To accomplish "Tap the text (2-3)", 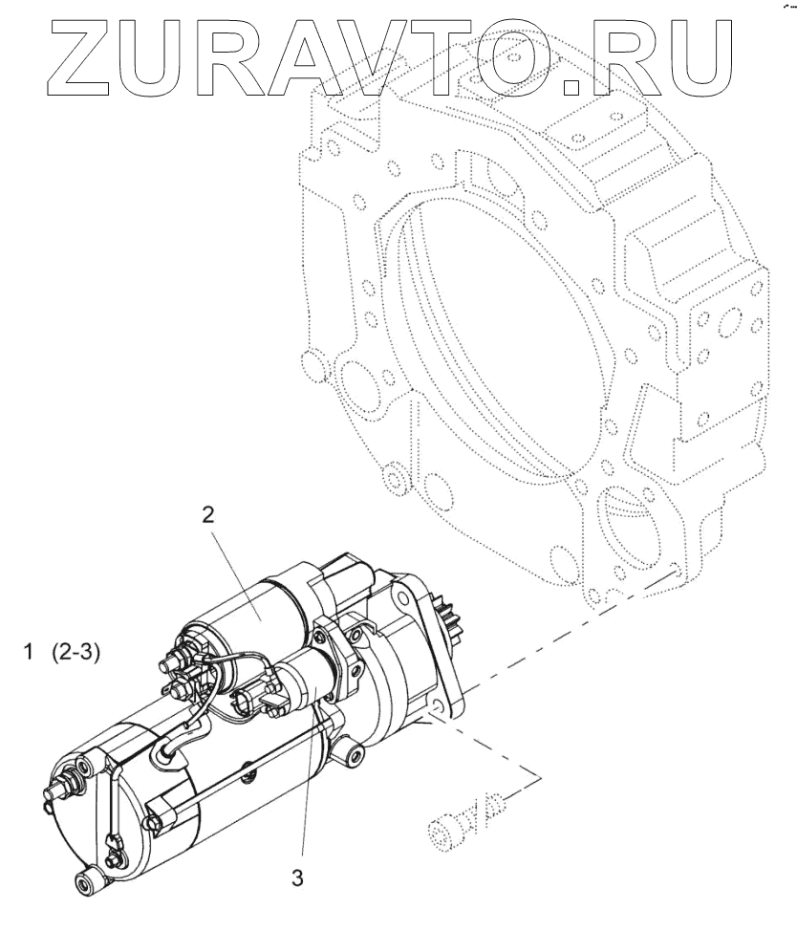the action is (77, 655).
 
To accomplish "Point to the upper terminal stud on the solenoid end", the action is (178, 657).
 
